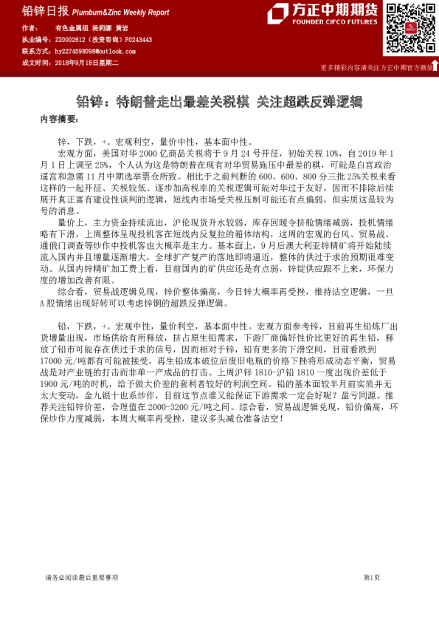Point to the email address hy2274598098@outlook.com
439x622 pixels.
(x=94, y=51)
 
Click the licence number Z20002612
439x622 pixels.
(x=71, y=39)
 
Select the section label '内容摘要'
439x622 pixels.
(x=58, y=118)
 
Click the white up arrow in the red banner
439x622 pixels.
(x=434, y=66)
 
